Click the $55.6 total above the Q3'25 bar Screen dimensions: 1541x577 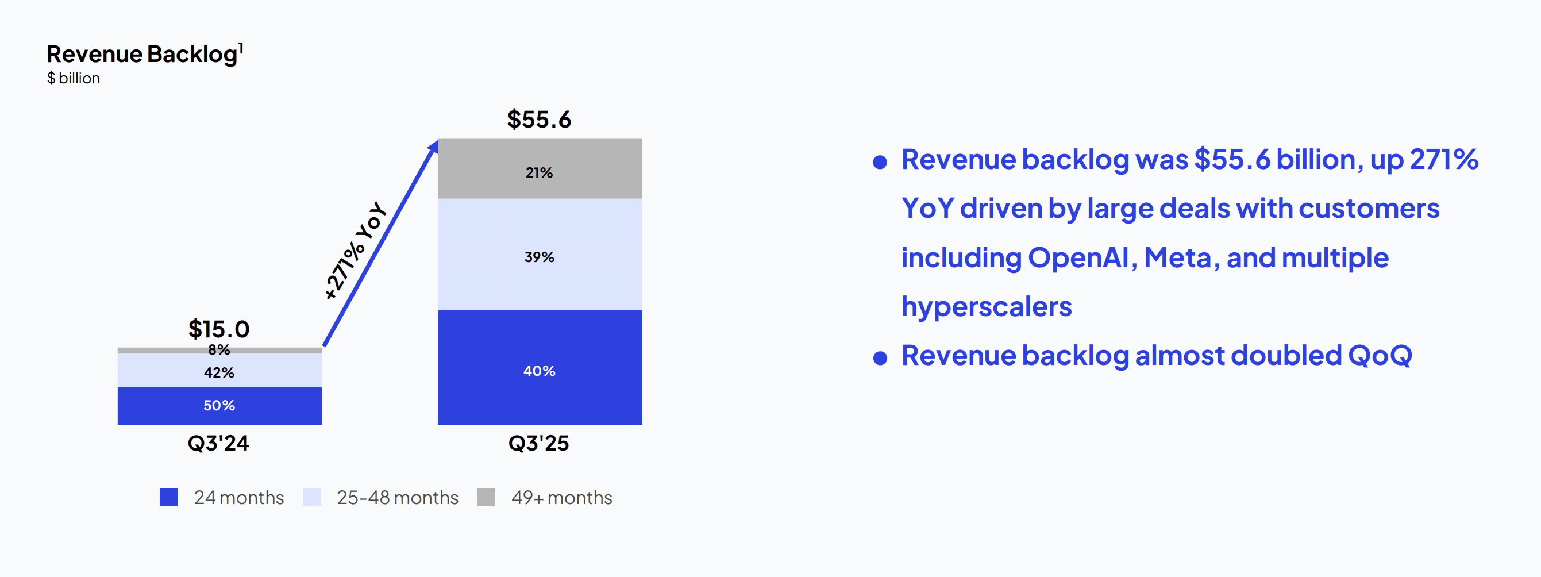click(539, 119)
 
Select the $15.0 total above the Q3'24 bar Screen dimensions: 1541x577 click(219, 329)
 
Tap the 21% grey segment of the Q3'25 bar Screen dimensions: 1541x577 click(540, 168)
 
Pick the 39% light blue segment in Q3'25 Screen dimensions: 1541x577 click(540, 255)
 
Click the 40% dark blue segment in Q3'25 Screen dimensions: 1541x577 click(540, 367)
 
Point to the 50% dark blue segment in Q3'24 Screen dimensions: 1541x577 click(219, 405)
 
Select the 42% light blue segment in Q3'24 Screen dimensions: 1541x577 click(219, 370)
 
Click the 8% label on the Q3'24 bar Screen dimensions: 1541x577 click(219, 349)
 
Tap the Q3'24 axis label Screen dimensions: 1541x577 click(218, 443)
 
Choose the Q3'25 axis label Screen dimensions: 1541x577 click(538, 443)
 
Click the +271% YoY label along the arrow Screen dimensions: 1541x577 click(355, 250)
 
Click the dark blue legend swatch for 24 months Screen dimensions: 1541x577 click(169, 497)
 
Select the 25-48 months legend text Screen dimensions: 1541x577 click(398, 497)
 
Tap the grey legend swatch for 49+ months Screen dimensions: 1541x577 click(486, 497)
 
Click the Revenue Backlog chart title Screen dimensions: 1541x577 click(145, 54)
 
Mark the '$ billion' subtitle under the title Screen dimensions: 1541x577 click(74, 78)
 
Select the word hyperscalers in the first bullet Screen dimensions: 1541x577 click(987, 307)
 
